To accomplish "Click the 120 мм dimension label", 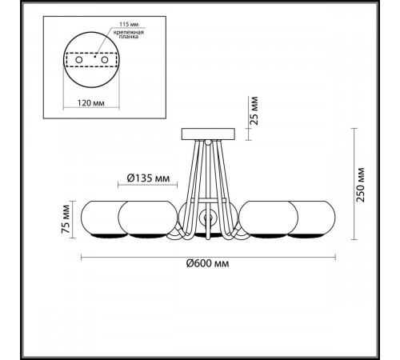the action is click(90, 103).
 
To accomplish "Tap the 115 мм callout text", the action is click(129, 24).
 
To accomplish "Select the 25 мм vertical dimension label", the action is click(254, 110).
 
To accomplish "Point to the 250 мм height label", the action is click(361, 185).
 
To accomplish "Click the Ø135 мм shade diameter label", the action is click(148, 178).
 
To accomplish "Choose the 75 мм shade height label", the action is click(66, 219).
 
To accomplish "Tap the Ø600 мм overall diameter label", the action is click(207, 263).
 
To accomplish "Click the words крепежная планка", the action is click(129, 34).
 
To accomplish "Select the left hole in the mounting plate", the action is click(78, 60).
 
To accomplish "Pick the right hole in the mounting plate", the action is click(105, 60).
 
